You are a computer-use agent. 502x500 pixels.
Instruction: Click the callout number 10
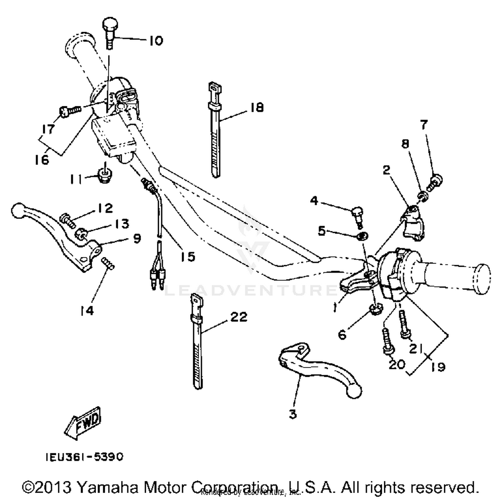156,41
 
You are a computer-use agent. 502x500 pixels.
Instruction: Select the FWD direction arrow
83,422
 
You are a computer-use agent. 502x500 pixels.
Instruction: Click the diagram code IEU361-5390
85,457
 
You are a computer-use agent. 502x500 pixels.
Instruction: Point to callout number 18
257,107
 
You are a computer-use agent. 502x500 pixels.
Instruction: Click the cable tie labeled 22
197,344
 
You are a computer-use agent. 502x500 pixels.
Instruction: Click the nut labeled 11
105,175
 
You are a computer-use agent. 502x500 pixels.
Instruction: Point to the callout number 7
424,125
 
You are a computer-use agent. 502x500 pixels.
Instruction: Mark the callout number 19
438,367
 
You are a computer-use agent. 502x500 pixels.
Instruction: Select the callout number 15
188,257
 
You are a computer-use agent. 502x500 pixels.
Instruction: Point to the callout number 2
386,170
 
